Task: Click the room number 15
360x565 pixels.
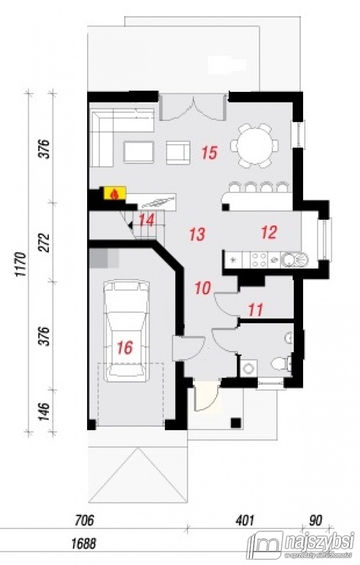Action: click(210, 153)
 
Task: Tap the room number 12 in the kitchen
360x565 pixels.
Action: click(269, 232)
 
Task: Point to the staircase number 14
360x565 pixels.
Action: click(146, 220)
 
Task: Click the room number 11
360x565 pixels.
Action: click(256, 309)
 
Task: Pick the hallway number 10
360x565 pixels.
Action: click(203, 288)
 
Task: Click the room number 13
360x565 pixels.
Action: click(197, 234)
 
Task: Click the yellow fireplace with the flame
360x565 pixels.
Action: click(115, 193)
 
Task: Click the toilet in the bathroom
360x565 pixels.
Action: click(281, 363)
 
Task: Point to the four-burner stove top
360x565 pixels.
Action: click(259, 260)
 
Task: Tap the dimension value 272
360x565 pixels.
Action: click(45, 242)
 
